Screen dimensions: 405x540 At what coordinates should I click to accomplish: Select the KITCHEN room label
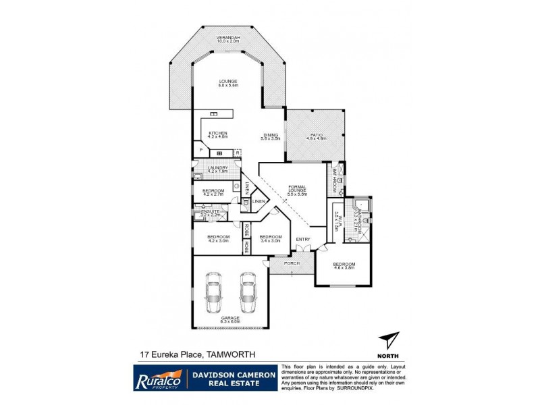218,134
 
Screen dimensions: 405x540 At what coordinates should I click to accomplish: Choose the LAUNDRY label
217,169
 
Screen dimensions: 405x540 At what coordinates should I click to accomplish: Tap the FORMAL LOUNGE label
298,191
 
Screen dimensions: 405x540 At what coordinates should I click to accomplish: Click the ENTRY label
301,239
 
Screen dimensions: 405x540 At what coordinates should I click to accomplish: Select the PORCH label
291,263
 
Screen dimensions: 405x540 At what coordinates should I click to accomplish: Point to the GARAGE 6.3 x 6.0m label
230,319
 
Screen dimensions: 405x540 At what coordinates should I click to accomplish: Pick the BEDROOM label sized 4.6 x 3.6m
344,266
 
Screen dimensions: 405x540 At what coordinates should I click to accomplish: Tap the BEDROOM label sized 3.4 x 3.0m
270,238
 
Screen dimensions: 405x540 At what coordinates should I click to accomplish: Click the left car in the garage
214,292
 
